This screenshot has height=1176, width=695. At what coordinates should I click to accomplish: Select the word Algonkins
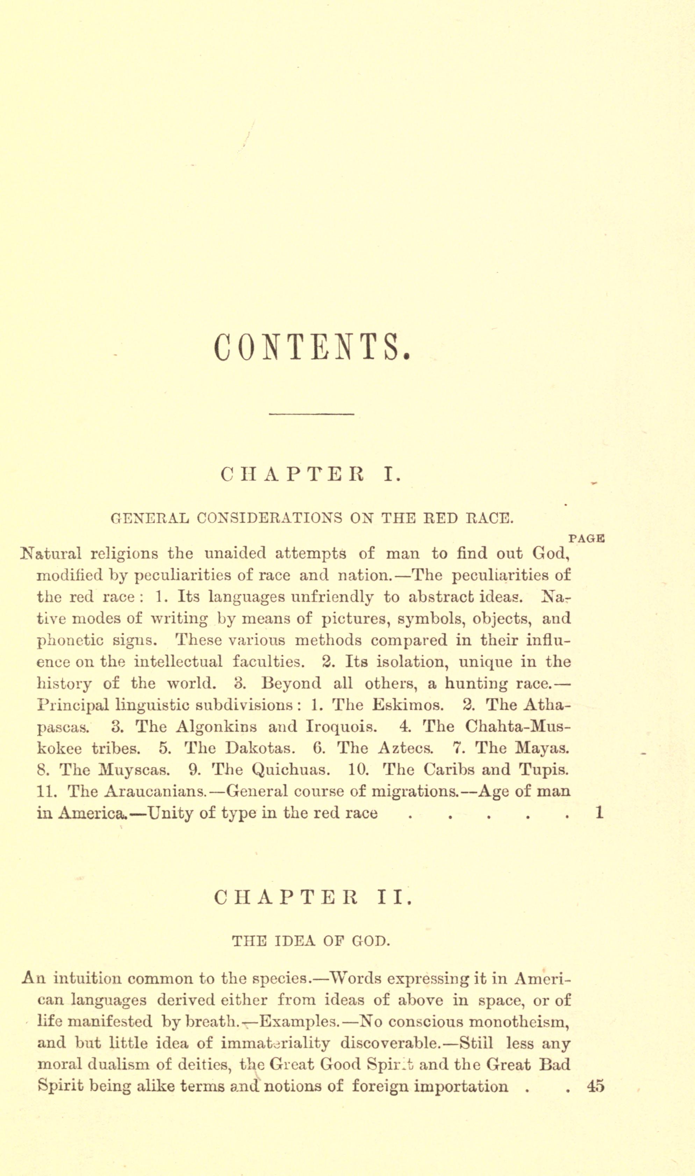click(216, 727)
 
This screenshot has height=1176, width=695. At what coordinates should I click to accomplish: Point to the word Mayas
click(542, 748)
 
